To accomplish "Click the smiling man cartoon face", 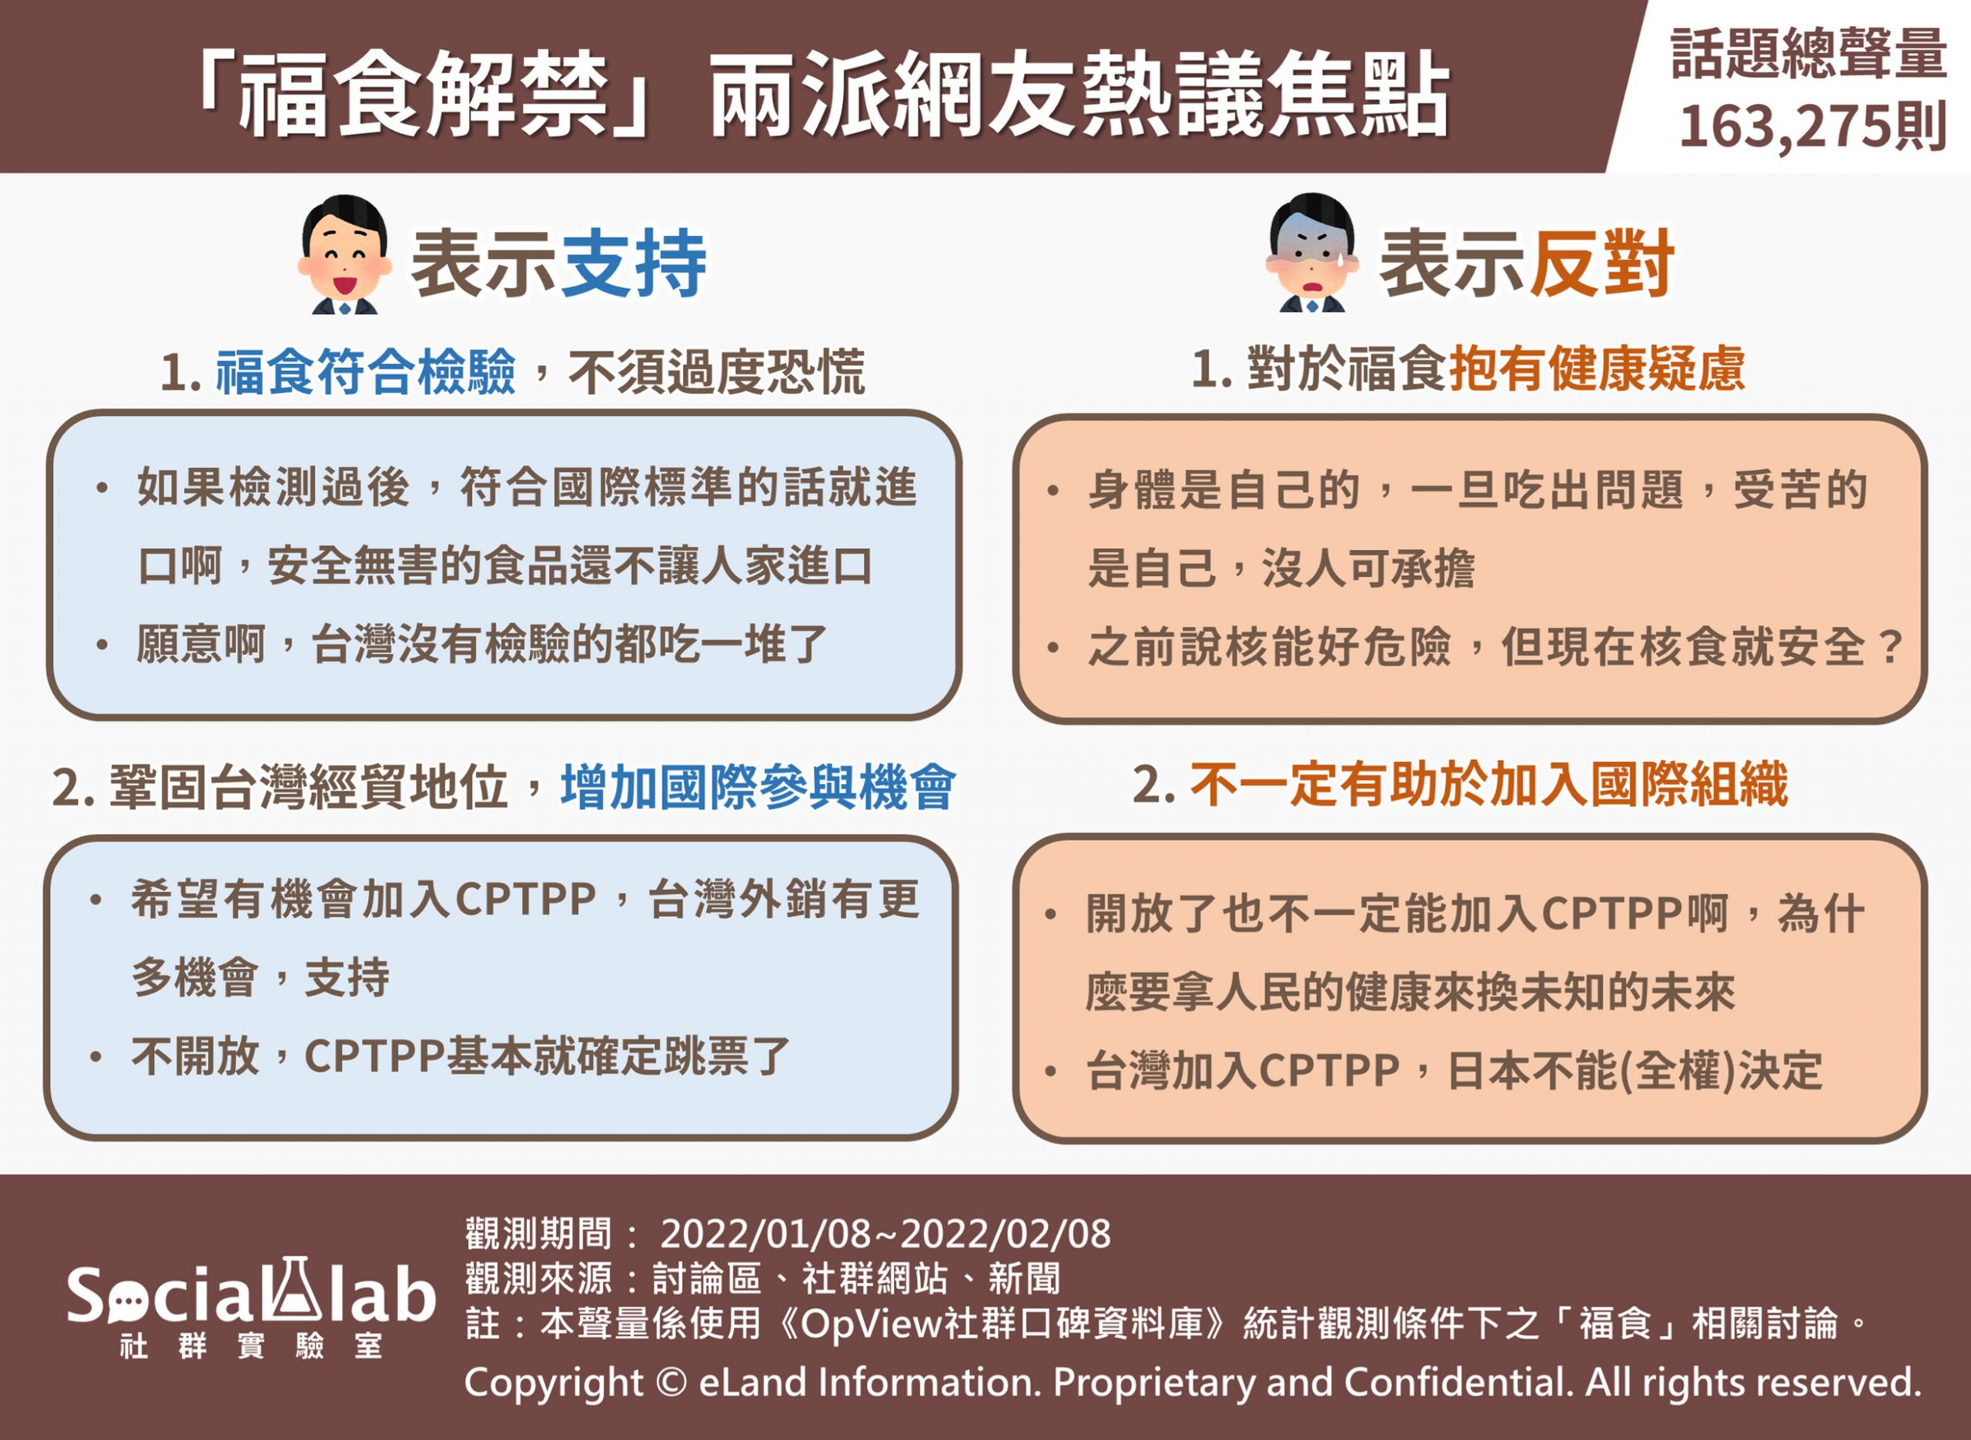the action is point(344,253).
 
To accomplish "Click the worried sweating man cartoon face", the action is point(1312,253).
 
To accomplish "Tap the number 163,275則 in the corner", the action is point(1812,126).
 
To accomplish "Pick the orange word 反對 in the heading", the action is point(1601,263).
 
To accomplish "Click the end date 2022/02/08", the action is point(1006,1234).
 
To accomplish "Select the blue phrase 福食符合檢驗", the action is point(366,372).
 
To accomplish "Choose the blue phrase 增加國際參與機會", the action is point(758,786).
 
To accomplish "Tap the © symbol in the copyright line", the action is point(669,1382).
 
